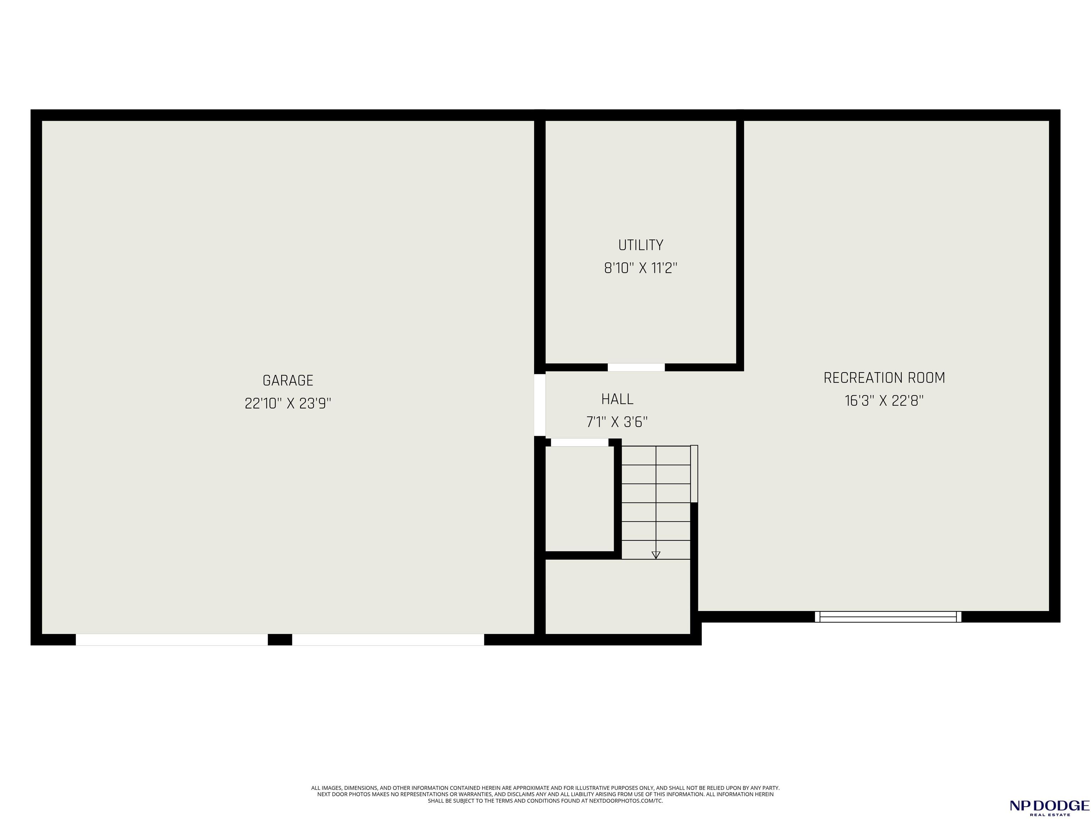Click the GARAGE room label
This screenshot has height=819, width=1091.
288,381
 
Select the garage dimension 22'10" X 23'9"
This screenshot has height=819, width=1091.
288,404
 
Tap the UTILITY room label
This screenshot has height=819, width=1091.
641,245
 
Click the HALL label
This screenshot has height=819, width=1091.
617,399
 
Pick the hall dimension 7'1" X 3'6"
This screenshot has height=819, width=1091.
617,422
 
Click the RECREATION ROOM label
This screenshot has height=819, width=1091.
884,378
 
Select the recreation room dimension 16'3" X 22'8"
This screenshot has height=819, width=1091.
884,401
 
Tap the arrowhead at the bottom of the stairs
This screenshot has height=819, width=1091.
656,555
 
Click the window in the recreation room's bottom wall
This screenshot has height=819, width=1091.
888,617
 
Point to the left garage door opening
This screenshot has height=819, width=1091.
172,640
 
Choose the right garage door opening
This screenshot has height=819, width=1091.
388,640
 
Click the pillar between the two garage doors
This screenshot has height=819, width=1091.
280,640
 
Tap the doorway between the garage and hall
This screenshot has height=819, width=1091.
540,405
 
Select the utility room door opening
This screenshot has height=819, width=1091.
636,367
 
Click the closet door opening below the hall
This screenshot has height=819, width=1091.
580,442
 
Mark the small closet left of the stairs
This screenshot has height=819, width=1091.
580,499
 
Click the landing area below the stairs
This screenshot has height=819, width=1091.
618,596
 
